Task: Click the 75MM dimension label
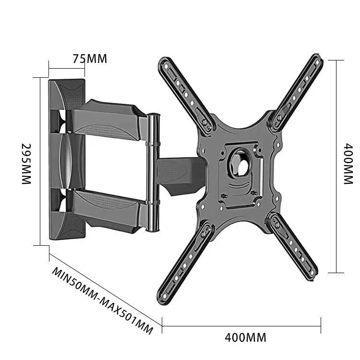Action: pos(90,59)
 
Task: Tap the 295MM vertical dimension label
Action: pos(26,164)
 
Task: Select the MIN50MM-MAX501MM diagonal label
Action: pos(102,301)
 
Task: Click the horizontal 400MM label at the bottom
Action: pos(245,337)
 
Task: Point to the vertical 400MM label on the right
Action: pos(348,164)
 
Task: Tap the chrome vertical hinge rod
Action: pos(153,172)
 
